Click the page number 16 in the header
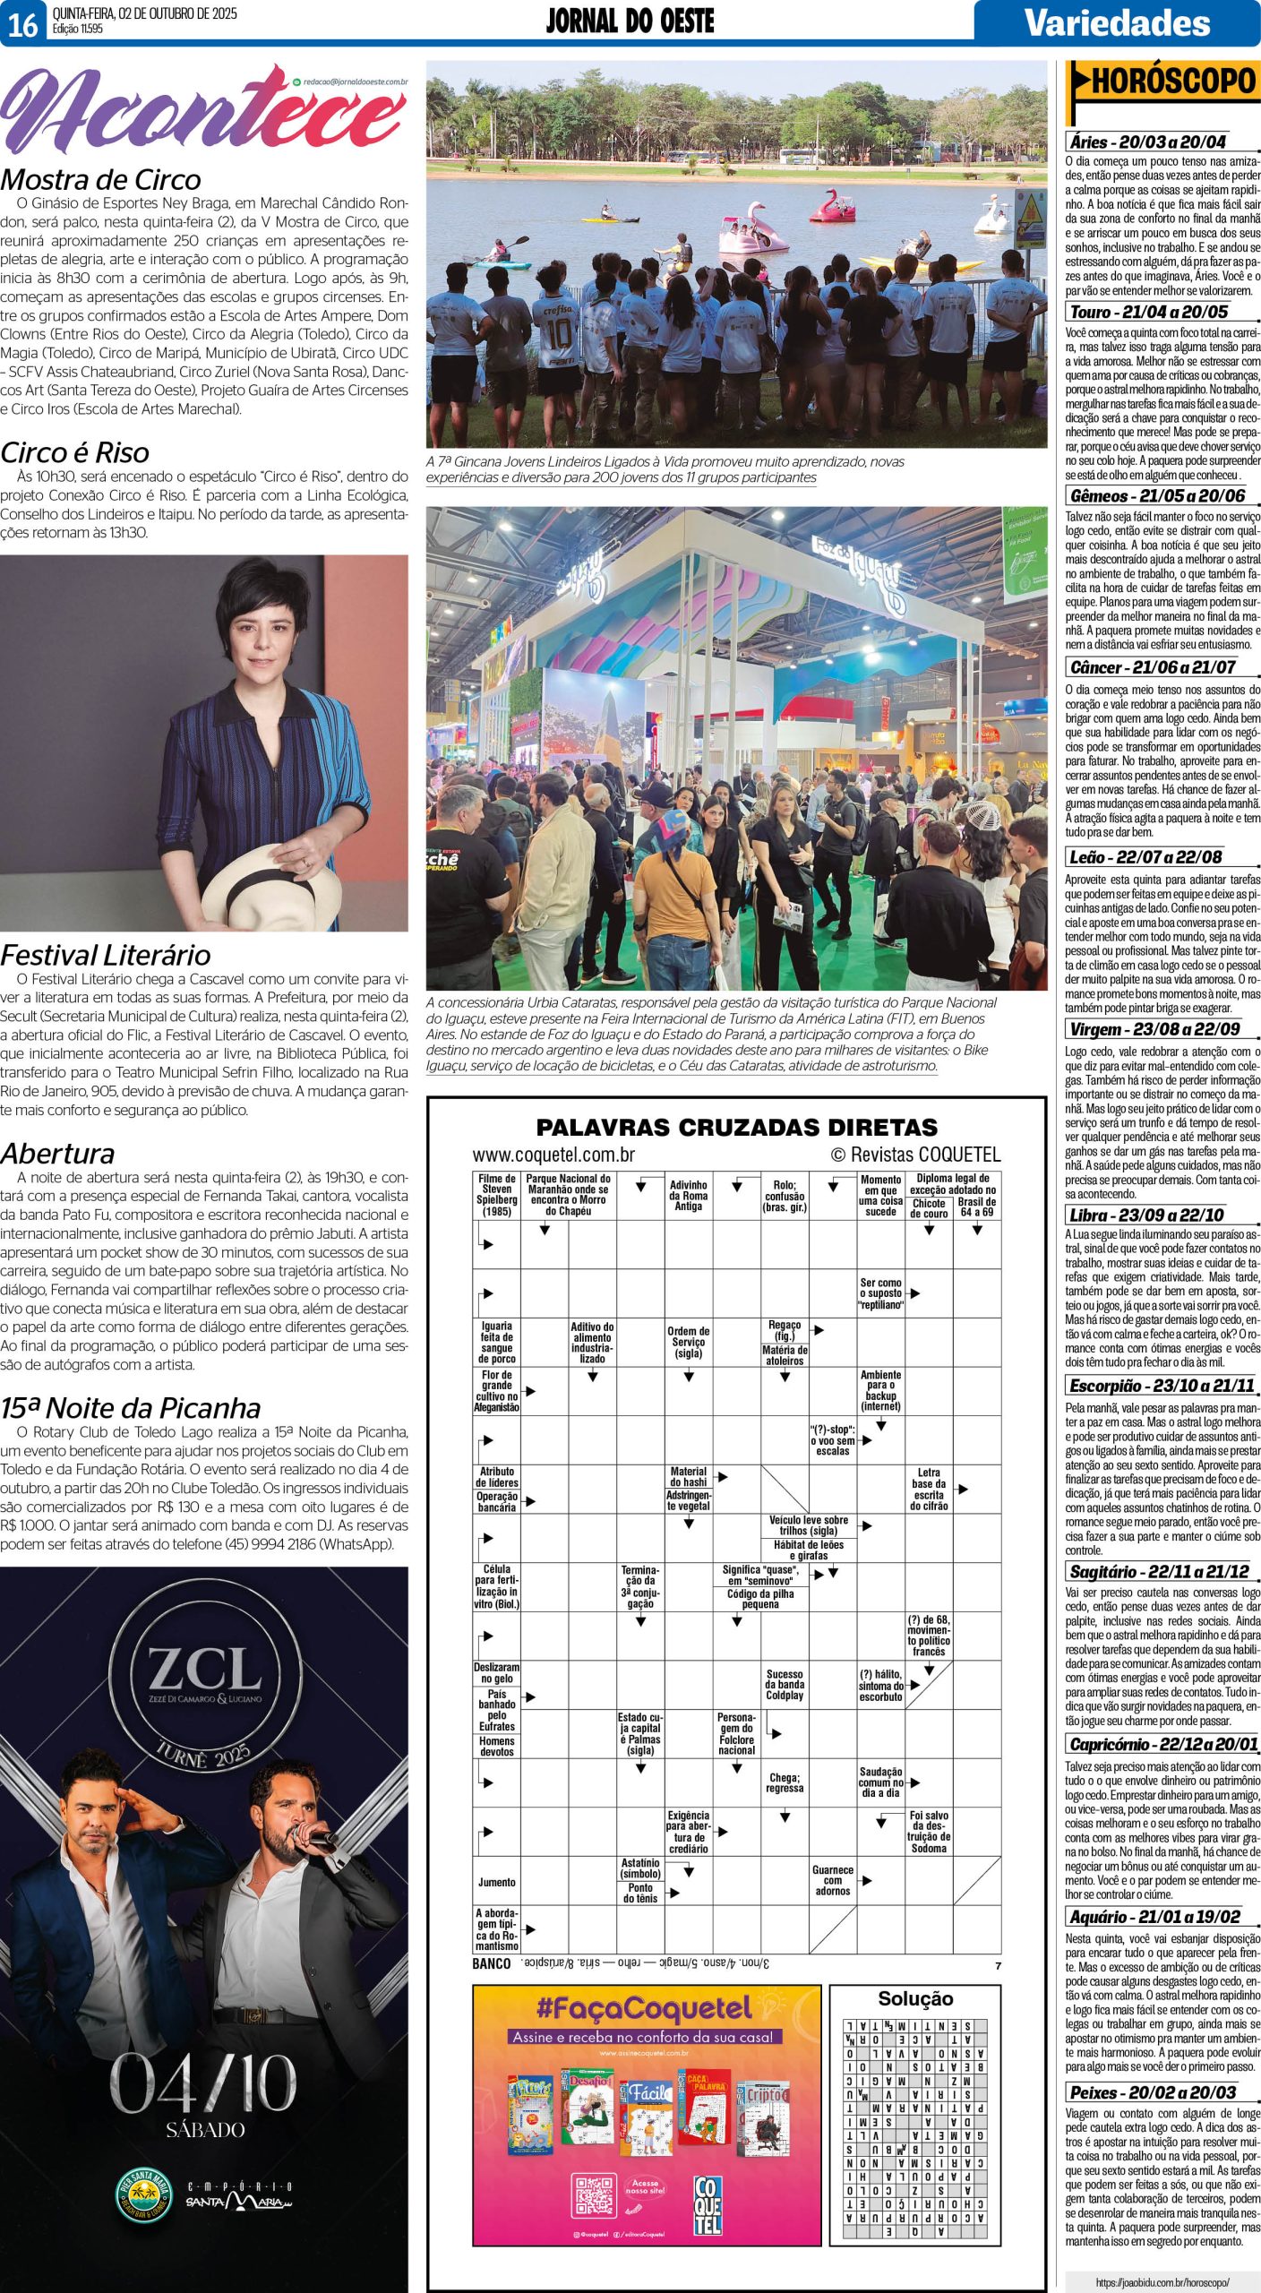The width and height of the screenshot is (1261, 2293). click(22, 24)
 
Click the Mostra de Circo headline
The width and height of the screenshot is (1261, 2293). click(100, 179)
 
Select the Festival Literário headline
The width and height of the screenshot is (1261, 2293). click(106, 955)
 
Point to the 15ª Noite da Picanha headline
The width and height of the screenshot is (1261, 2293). click(131, 1408)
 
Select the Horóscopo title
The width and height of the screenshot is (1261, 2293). click(1173, 83)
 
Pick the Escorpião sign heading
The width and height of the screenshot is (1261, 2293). click(1162, 1386)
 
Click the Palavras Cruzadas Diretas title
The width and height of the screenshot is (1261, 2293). click(736, 1127)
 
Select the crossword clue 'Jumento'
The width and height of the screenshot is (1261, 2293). click(496, 1882)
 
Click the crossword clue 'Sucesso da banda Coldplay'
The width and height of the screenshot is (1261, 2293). click(785, 1684)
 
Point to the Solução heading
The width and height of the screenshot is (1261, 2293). click(914, 1998)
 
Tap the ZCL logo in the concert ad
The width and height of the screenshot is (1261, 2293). click(205, 1672)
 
